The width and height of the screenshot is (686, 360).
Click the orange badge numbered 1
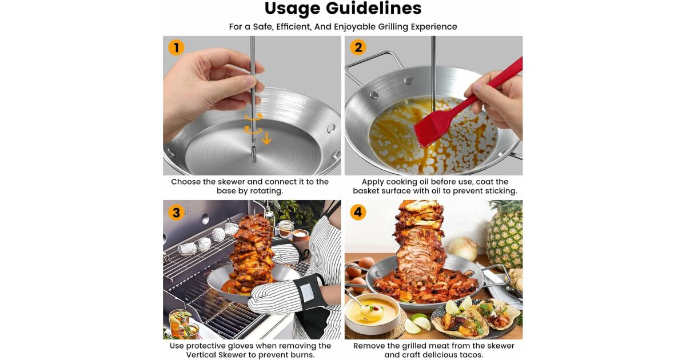point(176,48)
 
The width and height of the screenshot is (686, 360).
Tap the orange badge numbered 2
point(358,47)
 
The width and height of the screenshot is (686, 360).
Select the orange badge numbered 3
point(176,213)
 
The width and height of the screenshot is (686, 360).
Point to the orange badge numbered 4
point(358,212)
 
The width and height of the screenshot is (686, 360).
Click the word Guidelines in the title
point(374,8)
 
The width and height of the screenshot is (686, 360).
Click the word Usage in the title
point(292,9)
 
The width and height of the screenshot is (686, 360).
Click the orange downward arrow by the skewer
point(266,138)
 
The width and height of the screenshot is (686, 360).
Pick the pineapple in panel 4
point(505,235)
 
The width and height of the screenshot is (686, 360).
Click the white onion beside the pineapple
point(463,249)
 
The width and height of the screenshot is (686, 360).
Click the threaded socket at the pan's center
point(254,153)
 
